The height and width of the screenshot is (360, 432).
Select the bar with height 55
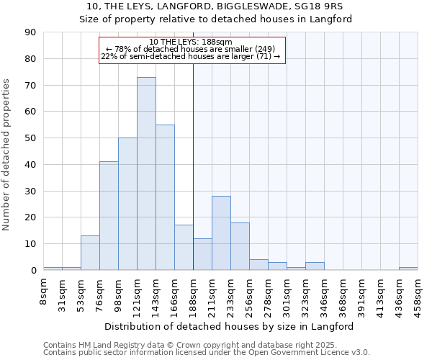click(x=165, y=197)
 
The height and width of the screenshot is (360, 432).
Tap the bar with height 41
click(x=109, y=216)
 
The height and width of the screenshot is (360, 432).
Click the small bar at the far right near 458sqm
click(x=408, y=269)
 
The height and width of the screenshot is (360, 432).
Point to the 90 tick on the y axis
click(x=30, y=32)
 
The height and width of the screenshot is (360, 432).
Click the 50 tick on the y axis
click(x=30, y=138)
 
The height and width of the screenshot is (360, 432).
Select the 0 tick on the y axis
click(x=33, y=271)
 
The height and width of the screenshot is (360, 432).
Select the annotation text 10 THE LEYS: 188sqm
click(x=192, y=42)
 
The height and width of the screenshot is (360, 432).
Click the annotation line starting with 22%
click(x=192, y=56)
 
